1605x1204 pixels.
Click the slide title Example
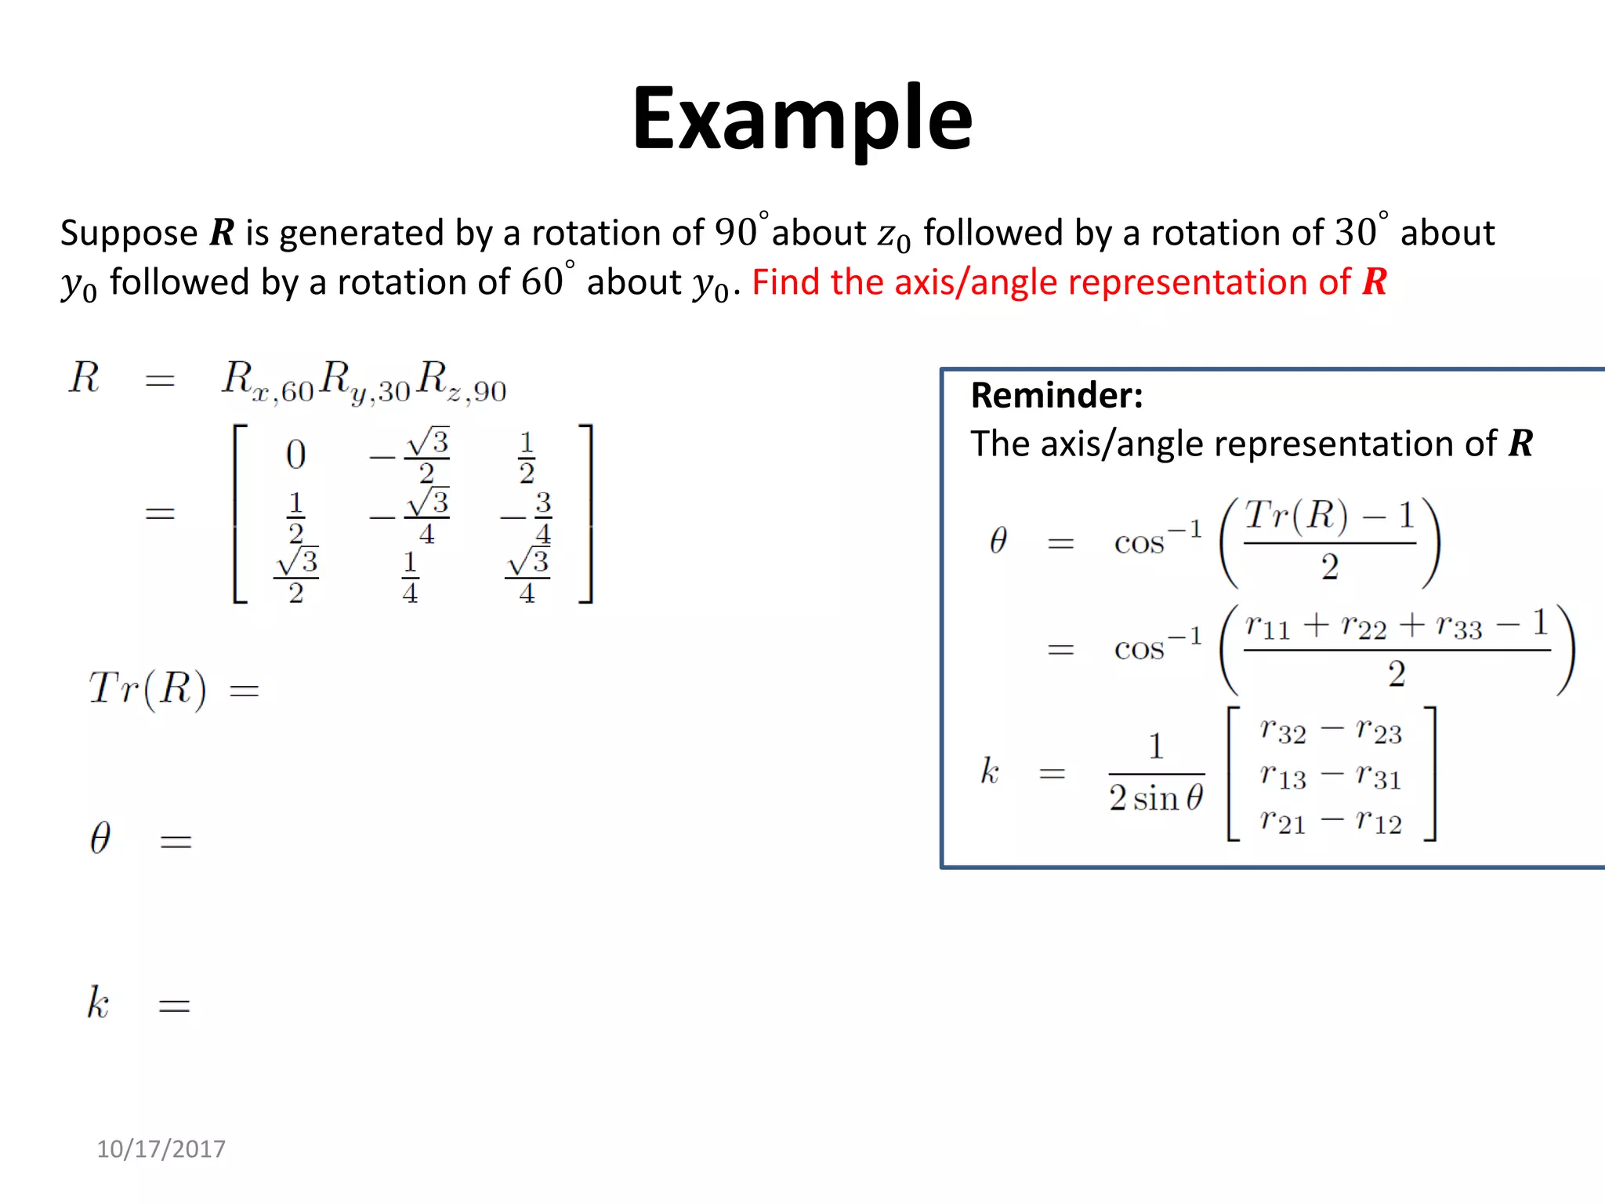click(802, 119)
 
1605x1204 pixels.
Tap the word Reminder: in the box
click(1056, 395)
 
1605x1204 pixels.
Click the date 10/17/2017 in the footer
click(161, 1148)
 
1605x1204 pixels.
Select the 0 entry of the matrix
click(295, 455)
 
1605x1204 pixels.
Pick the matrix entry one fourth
click(410, 577)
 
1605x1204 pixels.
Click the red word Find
click(785, 282)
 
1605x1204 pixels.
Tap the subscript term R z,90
click(462, 382)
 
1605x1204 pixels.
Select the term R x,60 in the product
click(267, 382)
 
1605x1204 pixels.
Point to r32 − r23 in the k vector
click(1331, 731)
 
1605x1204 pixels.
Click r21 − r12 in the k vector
click(1331, 821)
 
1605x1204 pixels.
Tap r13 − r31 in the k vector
click(1331, 776)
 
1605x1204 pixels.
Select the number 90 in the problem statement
click(736, 233)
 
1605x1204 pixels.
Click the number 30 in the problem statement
click(1355, 233)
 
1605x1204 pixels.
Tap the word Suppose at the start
click(129, 234)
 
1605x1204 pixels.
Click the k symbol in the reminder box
click(990, 771)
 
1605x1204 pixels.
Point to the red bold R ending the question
click(1375, 282)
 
